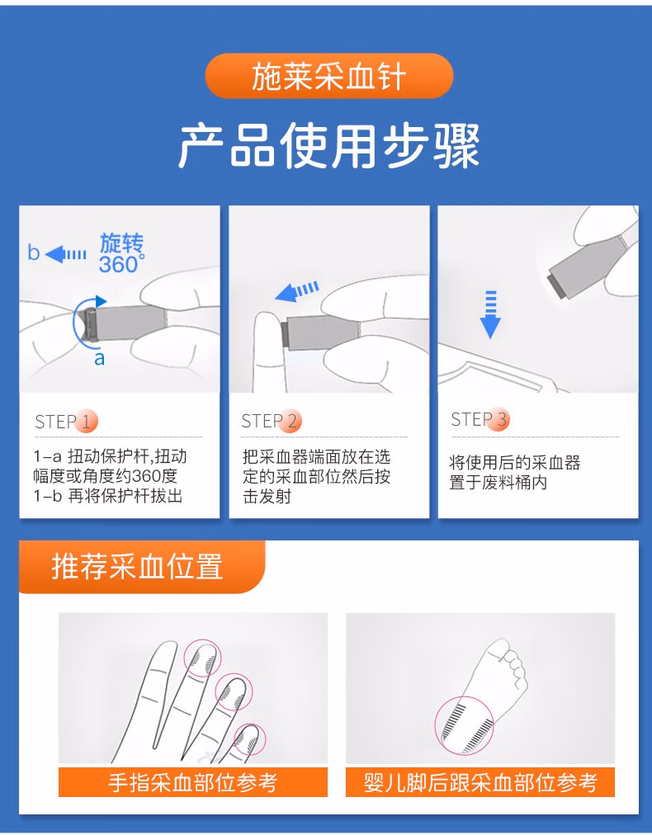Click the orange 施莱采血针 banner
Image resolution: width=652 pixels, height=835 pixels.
328,77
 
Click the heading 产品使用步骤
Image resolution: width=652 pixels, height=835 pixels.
328,147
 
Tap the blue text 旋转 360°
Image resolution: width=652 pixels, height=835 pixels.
121,253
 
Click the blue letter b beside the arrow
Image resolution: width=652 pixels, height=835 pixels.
33,252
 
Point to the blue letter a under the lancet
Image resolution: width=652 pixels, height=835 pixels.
99,358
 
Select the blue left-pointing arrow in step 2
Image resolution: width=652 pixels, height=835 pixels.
296,291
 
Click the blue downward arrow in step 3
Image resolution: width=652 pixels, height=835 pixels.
490,314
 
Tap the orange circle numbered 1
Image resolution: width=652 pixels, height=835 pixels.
87,422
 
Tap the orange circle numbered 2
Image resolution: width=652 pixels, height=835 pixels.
291,422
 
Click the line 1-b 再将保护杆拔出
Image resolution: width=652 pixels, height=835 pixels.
107,496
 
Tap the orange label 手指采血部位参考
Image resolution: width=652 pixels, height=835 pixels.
192,781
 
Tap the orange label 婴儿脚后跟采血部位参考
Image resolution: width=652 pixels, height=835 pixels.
480,781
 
